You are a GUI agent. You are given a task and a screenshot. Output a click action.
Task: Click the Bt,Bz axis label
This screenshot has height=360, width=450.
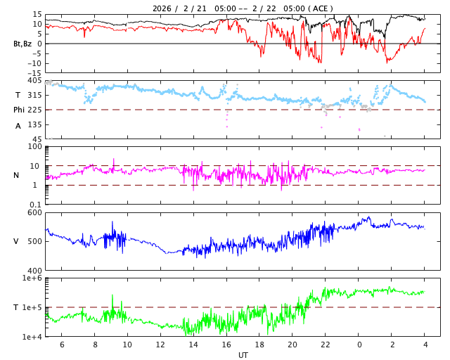tap(22, 44)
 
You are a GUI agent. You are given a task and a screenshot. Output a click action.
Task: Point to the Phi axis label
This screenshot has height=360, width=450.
tap(20, 110)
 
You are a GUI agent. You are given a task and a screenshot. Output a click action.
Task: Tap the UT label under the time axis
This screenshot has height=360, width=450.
tap(243, 354)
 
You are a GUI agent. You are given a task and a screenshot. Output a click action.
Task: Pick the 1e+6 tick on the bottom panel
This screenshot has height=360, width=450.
tap(31, 278)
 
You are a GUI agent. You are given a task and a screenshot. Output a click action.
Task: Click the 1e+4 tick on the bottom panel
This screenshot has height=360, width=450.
tap(31, 337)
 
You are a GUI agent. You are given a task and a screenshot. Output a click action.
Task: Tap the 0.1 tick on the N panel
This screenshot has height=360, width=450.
tap(36, 205)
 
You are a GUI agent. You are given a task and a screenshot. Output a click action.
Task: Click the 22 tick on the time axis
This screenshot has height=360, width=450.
tap(326, 345)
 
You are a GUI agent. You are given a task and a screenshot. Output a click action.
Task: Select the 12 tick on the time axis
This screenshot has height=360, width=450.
tap(160, 345)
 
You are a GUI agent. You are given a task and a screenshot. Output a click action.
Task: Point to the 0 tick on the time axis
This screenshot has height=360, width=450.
tap(359, 345)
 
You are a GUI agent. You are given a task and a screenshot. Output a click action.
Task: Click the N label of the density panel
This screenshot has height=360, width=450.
tap(16, 175)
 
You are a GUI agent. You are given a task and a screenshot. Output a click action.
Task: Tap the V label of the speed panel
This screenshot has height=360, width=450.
tap(16, 241)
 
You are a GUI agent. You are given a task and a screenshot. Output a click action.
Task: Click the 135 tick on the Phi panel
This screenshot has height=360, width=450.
tap(34, 124)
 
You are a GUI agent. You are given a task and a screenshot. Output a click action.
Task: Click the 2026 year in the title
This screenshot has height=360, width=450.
tap(163, 8)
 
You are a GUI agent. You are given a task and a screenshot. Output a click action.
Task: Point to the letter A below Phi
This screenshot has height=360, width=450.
tap(18, 126)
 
